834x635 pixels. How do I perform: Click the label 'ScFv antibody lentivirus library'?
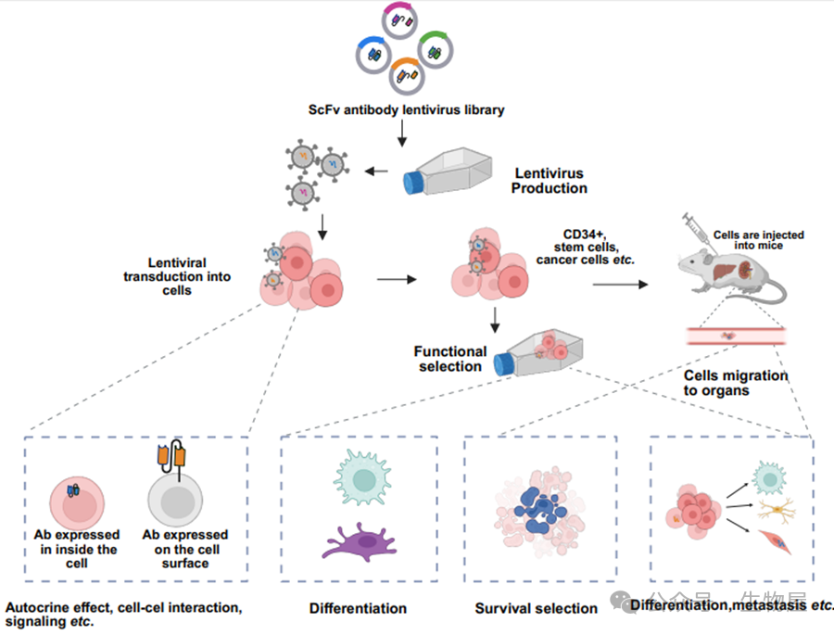[x=407, y=110]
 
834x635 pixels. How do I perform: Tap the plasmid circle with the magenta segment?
[x=406, y=21]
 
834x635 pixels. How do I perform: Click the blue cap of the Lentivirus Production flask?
[x=411, y=181]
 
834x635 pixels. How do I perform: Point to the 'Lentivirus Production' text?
[x=550, y=180]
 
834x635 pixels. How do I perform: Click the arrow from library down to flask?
[x=402, y=133]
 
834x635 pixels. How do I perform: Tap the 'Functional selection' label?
[x=451, y=359]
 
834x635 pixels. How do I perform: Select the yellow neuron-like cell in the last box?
[x=770, y=509]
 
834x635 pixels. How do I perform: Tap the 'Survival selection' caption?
[x=537, y=609]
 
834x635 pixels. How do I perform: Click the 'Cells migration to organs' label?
[x=736, y=383]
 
